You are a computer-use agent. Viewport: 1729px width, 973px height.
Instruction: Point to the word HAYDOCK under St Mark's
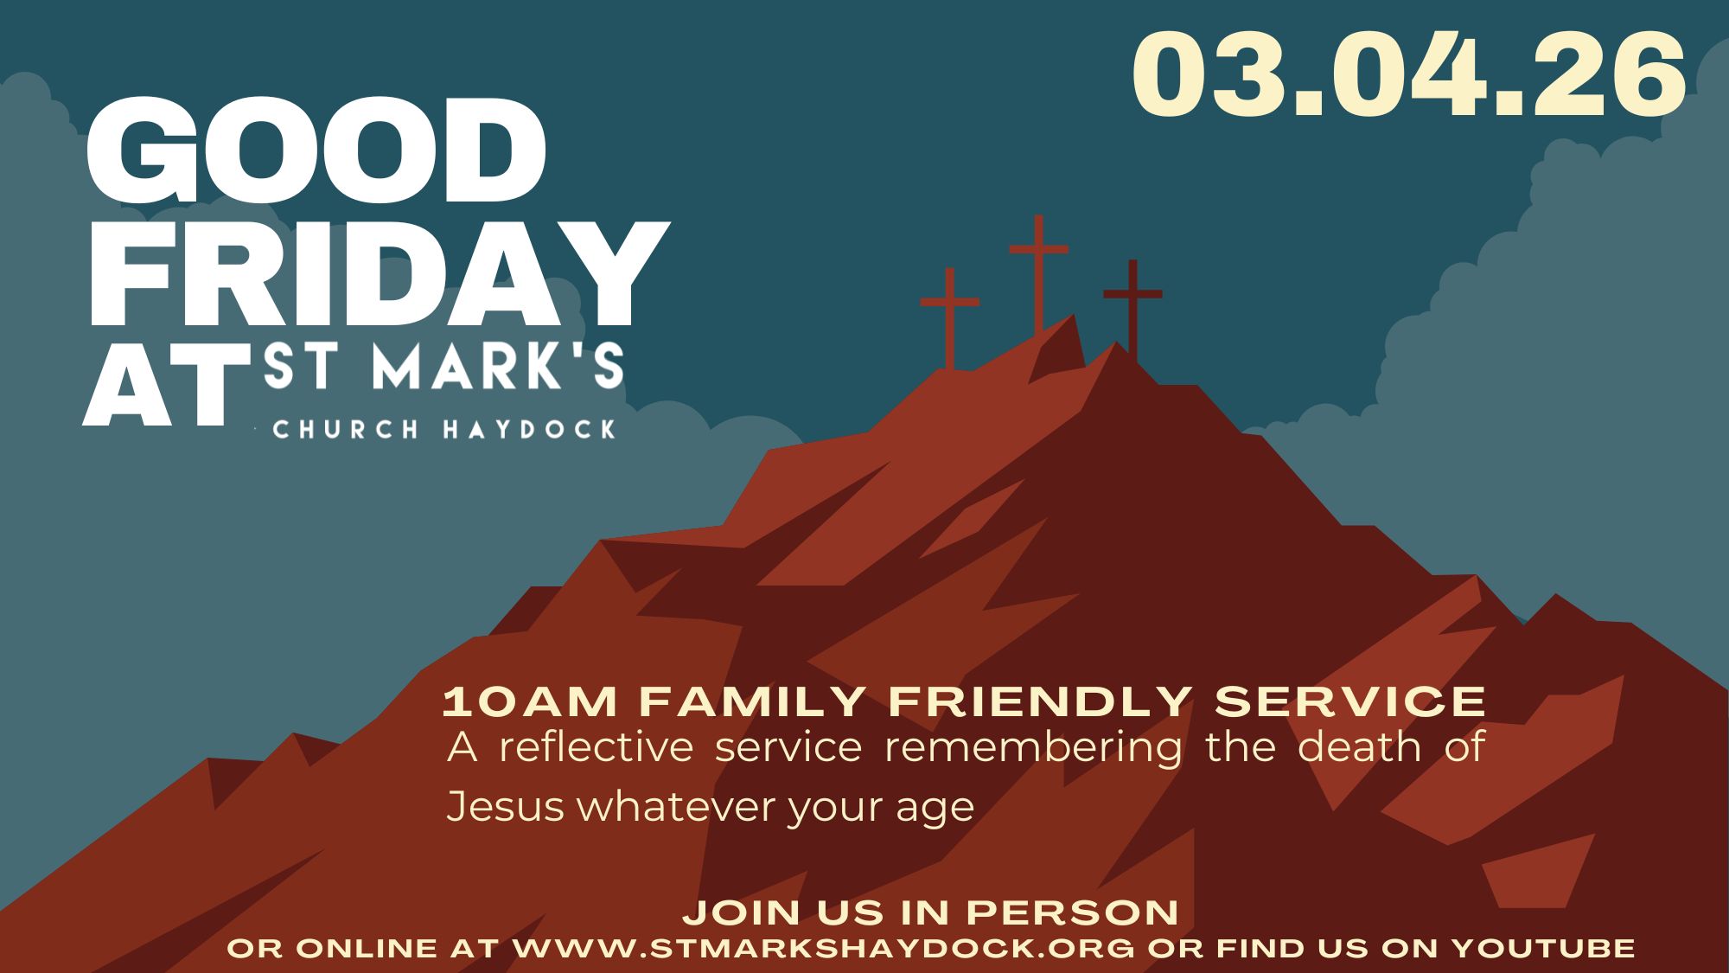529,429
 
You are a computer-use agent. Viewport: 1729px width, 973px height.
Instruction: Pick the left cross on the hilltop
950,318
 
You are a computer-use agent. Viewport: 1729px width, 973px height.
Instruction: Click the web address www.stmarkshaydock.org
824,948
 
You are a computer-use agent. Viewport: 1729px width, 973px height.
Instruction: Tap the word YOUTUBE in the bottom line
1543,948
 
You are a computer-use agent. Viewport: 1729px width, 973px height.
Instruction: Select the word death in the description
1360,747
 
